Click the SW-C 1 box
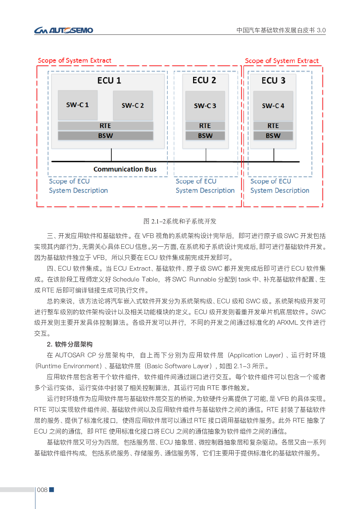pos(78,105)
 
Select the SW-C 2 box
pos(133,105)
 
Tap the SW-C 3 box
pos(205,106)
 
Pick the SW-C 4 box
pos(273,106)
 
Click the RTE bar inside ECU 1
pos(105,126)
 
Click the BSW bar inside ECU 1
pos(105,136)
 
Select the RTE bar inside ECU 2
pos(205,126)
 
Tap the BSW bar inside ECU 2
pos(205,136)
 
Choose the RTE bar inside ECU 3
pos(273,126)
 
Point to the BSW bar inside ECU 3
pos(273,136)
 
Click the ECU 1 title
pos(109,81)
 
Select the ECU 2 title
pos(204,80)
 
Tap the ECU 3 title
pos(273,81)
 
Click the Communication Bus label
pos(125,169)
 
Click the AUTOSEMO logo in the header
pos(64,30)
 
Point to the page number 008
pos(42,490)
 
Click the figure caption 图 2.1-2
pos(180,221)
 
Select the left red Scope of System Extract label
pos(75,61)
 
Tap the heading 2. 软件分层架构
pos(70,344)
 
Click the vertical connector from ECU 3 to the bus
pos(274,155)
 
